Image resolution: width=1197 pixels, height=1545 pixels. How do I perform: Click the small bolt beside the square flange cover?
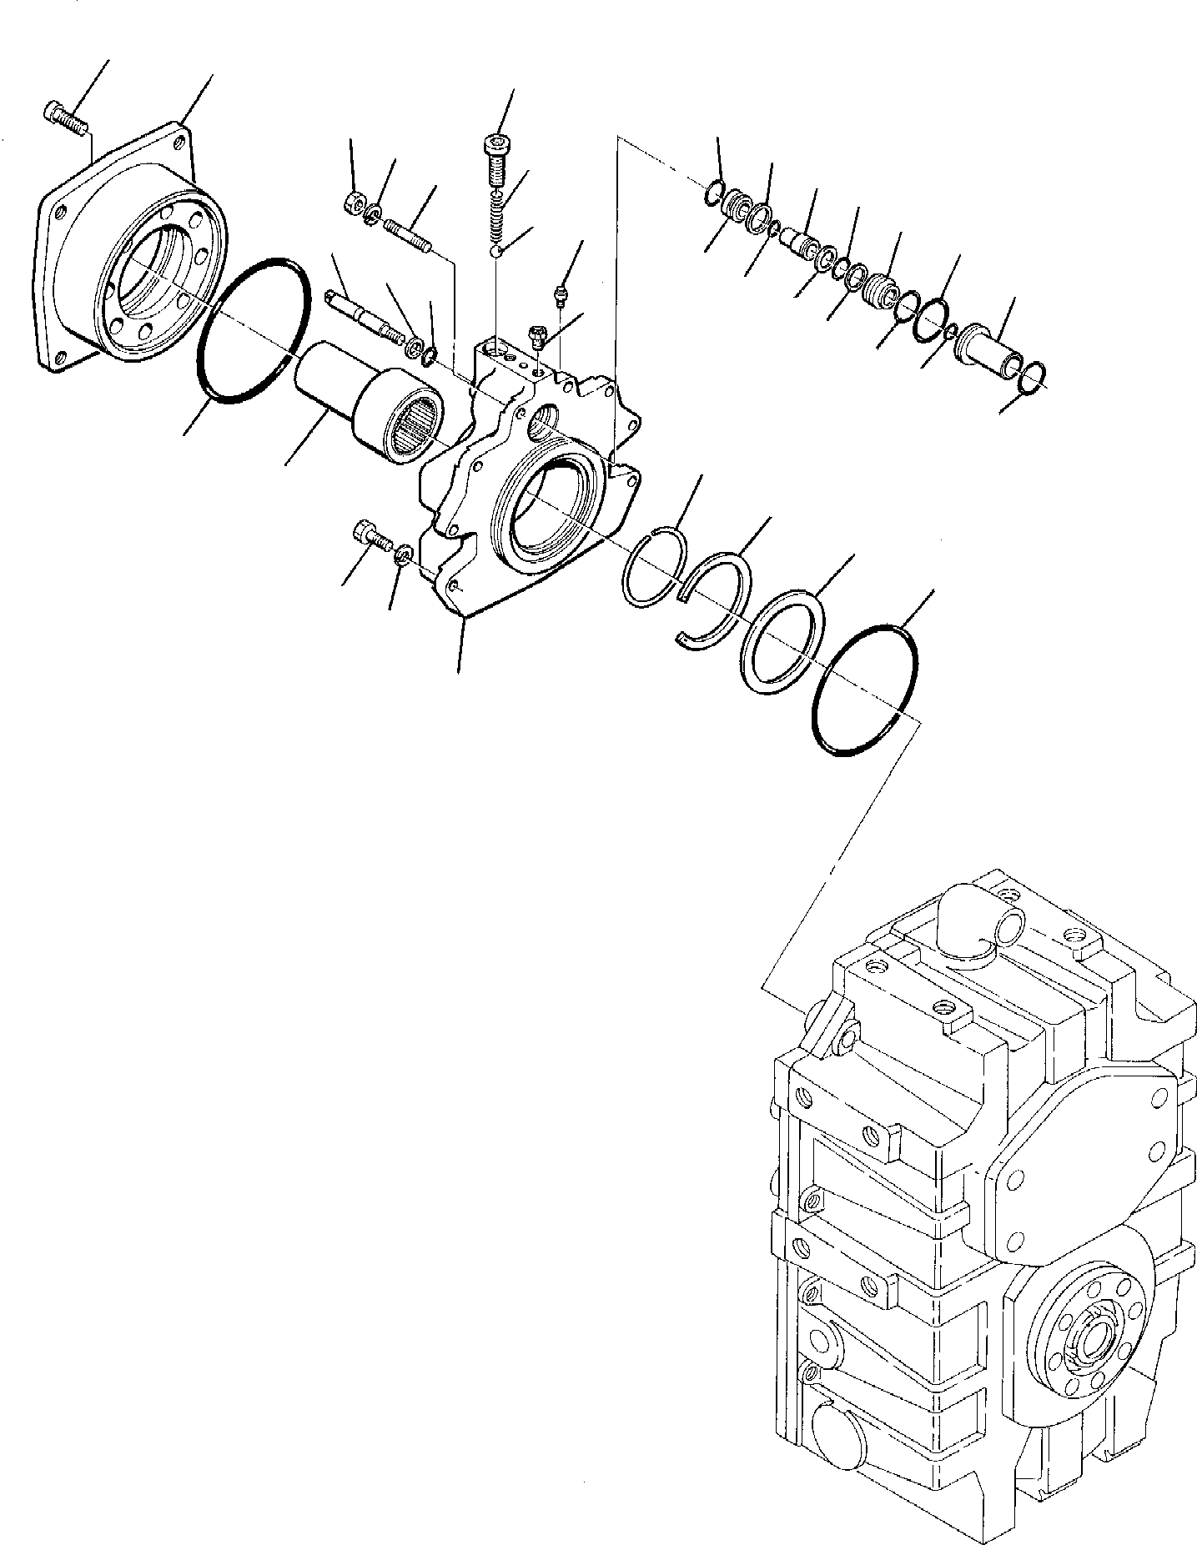pyautogui.click(x=65, y=118)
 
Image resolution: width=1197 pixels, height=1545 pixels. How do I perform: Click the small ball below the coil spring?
pyautogui.click(x=497, y=252)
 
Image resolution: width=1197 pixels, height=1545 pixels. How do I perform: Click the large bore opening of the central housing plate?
pyautogui.click(x=546, y=509)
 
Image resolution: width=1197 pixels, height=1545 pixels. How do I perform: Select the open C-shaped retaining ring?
pyautogui.click(x=713, y=596)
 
